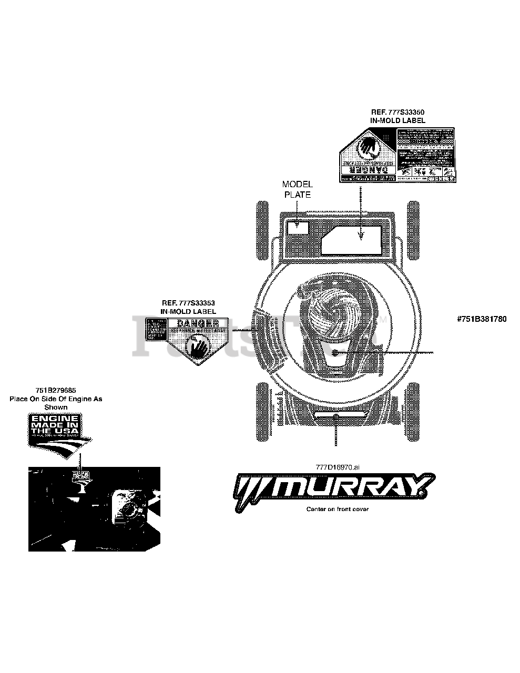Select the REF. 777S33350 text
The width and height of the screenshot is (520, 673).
coord(397,112)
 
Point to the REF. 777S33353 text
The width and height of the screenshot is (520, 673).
coord(188,303)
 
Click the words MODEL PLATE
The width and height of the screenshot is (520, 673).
coord(297,189)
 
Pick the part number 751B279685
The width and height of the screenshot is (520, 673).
coord(56,391)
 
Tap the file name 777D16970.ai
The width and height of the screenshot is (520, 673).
coord(337,467)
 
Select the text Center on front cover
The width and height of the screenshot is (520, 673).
coord(337,509)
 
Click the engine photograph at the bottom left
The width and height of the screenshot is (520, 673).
coord(94,508)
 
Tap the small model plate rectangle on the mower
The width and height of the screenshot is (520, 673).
coord(298,226)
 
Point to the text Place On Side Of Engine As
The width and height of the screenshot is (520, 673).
coord(56,399)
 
